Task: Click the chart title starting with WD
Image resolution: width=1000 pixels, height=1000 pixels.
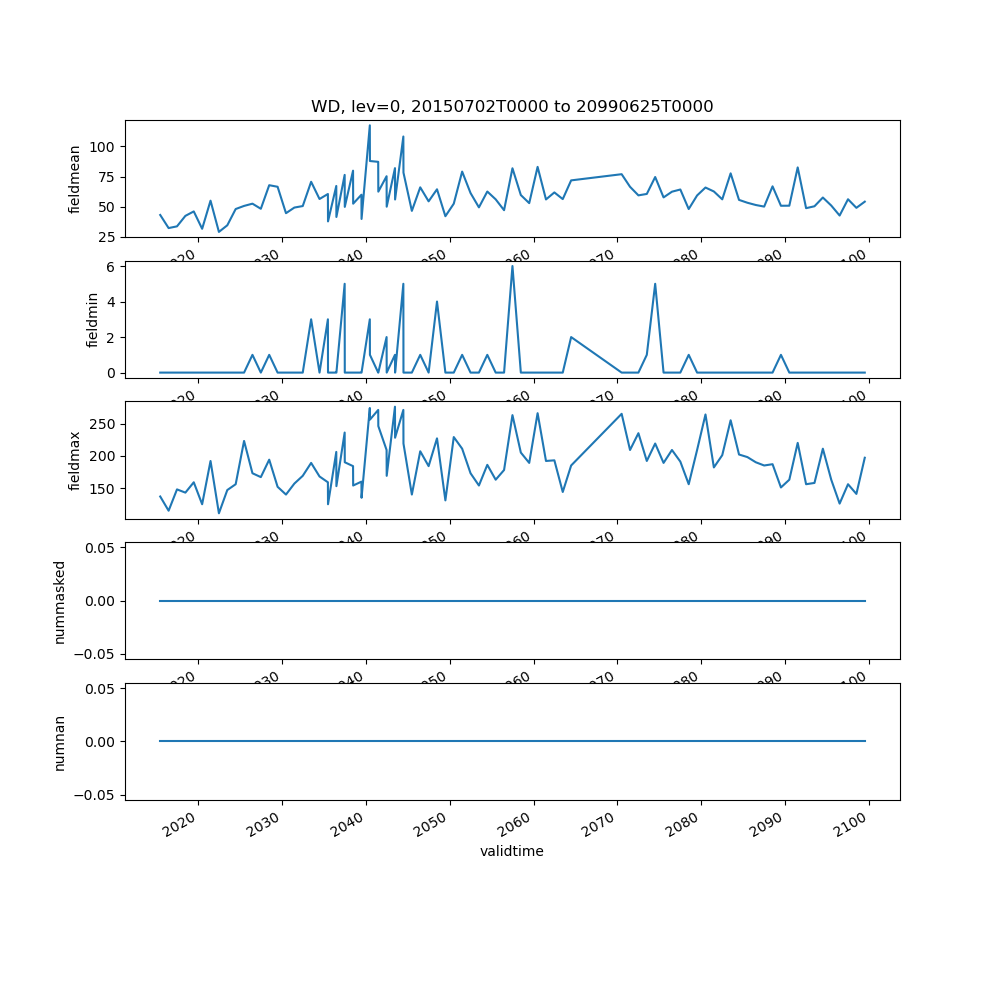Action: click(512, 106)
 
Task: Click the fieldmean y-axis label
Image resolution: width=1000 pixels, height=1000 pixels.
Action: click(75, 179)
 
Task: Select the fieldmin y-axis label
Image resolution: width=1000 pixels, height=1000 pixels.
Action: click(93, 320)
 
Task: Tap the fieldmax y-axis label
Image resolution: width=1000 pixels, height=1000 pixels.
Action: click(75, 460)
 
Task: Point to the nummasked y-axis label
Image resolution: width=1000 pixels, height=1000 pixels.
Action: click(59, 601)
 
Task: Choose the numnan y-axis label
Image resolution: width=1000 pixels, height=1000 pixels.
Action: click(59, 742)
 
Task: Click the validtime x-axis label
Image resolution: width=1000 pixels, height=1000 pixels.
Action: click(512, 852)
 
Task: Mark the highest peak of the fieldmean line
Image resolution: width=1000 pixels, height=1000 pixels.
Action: click(369, 125)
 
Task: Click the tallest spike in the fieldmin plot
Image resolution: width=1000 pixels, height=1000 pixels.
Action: click(512, 266)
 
